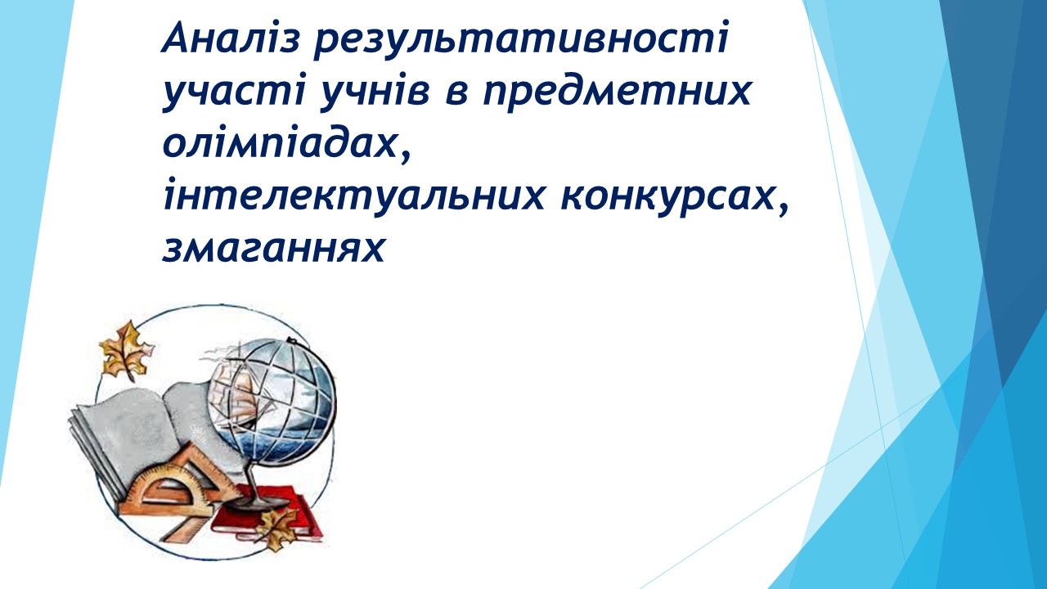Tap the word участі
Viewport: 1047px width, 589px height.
point(234,91)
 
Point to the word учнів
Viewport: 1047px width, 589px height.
point(375,91)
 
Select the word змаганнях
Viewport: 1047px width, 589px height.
point(273,248)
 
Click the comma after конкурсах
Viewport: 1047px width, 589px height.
point(782,208)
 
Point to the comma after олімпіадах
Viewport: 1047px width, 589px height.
point(405,155)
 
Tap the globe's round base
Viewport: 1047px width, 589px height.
point(257,502)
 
